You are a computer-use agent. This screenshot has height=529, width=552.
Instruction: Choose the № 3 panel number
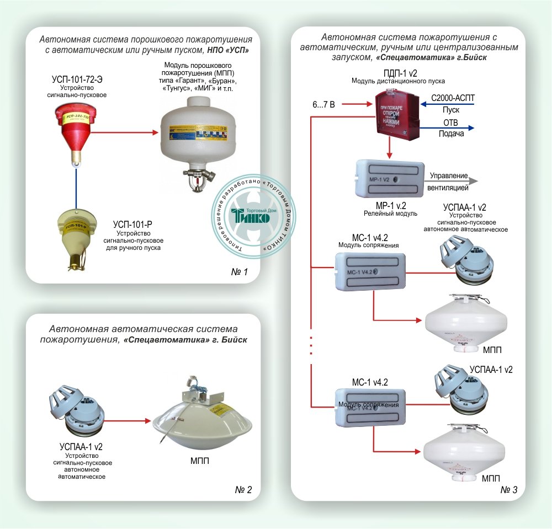pos(508,490)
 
